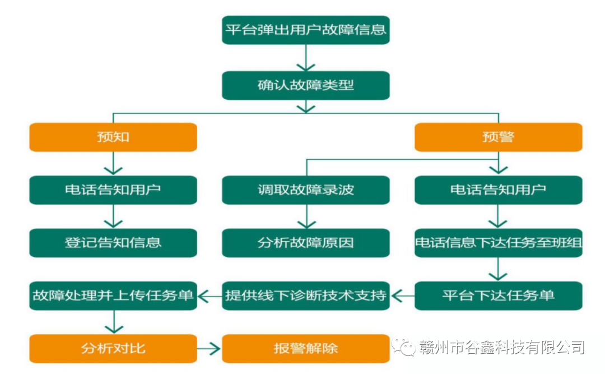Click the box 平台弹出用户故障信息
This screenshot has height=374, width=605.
pyautogui.click(x=305, y=29)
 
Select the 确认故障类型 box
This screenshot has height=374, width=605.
pyautogui.click(x=305, y=85)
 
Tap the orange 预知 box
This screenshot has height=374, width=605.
pyautogui.click(x=113, y=137)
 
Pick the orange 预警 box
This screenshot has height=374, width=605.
pyautogui.click(x=498, y=137)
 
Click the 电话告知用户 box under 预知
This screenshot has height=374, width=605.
pyautogui.click(x=113, y=190)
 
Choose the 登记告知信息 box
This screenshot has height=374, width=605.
pyautogui.click(x=113, y=242)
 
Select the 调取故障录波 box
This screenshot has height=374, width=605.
pyautogui.click(x=305, y=190)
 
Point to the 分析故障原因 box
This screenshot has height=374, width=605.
pyautogui.click(x=305, y=242)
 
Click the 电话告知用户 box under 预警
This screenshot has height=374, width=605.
pyautogui.click(x=498, y=190)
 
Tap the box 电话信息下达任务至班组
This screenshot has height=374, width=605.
pyautogui.click(x=498, y=242)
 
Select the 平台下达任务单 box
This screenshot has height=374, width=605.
pyautogui.click(x=498, y=295)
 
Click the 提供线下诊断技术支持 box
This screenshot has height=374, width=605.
pyautogui.click(x=305, y=295)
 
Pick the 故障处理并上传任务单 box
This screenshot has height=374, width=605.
pyautogui.click(x=113, y=295)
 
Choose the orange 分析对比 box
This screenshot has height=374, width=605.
pyautogui.click(x=113, y=348)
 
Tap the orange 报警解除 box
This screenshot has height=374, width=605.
pyautogui.click(x=305, y=348)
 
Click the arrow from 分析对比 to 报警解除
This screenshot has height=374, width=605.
pyautogui.click(x=210, y=348)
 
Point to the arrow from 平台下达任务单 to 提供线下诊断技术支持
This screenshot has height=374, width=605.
pyautogui.click(x=402, y=295)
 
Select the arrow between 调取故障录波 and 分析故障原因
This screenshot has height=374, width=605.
pyautogui.click(x=306, y=216)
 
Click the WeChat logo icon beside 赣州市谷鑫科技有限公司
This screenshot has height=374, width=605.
pyautogui.click(x=403, y=347)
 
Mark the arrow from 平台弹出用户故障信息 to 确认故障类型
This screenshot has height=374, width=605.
pyautogui.click(x=306, y=57)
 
